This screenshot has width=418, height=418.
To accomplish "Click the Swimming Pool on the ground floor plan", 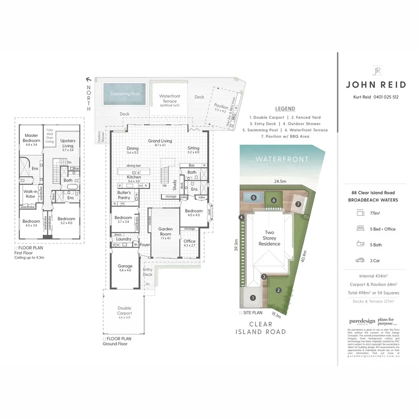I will click(x=125, y=94).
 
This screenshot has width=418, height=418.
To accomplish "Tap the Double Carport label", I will click(x=124, y=311).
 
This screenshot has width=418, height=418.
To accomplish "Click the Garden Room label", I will click(x=165, y=231).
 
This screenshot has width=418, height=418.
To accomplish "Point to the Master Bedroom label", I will click(x=32, y=138).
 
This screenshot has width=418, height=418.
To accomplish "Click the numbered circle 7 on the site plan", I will click(x=298, y=204).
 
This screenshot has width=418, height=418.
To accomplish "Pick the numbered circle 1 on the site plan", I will click(x=253, y=297).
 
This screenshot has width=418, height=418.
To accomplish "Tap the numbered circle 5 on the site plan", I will click(x=254, y=197).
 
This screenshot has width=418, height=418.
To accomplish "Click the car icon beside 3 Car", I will click(x=359, y=260).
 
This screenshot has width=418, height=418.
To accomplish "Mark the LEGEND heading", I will click(x=285, y=109).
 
